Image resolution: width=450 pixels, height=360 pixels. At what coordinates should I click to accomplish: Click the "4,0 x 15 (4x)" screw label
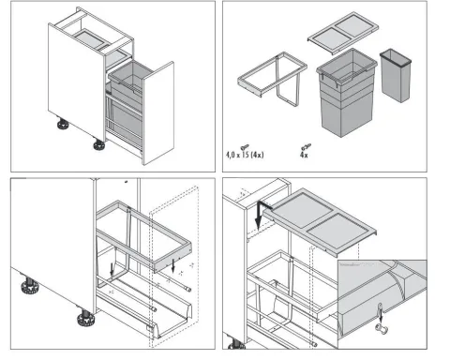[x=245, y=155]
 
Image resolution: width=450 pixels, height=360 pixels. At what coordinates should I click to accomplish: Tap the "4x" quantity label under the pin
[x=304, y=155]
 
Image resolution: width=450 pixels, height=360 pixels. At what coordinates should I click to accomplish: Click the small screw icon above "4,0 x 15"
[x=245, y=146]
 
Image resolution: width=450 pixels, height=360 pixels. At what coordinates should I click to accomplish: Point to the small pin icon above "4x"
[x=306, y=146]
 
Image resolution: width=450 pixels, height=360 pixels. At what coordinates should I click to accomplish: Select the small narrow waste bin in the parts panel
[x=396, y=76]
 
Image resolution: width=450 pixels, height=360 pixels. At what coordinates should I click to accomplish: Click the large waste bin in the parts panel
[x=346, y=92]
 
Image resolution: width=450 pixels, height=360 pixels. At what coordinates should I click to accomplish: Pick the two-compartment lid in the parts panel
[x=343, y=32]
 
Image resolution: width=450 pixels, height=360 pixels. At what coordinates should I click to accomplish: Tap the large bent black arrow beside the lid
[x=262, y=214]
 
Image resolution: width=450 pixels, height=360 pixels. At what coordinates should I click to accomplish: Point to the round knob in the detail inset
[x=382, y=328]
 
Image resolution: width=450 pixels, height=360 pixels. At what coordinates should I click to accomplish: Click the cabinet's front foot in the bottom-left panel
[x=85, y=318]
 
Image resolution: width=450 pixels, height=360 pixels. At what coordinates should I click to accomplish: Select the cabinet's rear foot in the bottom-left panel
[x=30, y=285]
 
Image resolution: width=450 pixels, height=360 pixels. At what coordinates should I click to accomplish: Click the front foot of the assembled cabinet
[x=99, y=144]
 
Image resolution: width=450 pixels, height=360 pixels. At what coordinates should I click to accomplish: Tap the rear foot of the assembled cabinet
[x=63, y=124]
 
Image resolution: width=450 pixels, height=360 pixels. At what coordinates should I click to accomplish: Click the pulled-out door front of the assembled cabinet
[x=158, y=113]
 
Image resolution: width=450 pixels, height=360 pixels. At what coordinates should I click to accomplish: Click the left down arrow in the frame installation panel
[x=112, y=269]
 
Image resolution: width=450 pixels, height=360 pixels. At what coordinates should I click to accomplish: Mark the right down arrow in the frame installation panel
[x=173, y=265]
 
